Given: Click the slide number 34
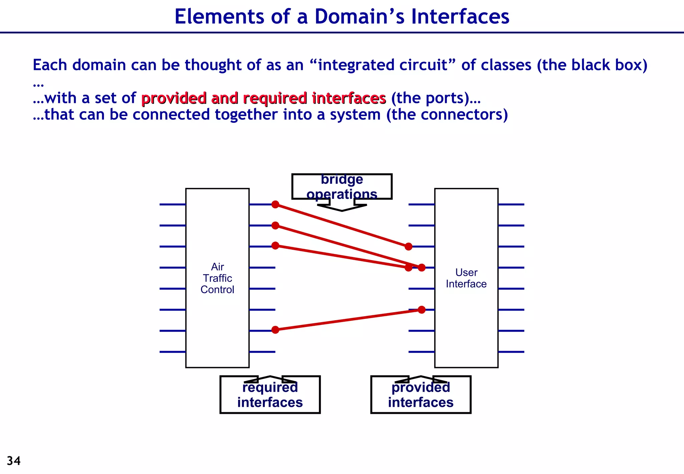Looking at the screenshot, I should [14, 461].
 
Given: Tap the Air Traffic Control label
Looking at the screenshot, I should [217, 278].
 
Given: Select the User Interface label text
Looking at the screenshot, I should [466, 278].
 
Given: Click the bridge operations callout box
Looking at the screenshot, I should [342, 187].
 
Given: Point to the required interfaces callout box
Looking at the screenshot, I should [270, 395].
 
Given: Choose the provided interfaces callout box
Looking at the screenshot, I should [420, 395].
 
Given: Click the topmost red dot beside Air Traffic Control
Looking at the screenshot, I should [275, 204].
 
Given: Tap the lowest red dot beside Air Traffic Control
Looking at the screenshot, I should [275, 330].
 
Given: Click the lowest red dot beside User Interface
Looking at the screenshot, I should [421, 310].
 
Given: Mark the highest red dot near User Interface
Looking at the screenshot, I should [408, 247].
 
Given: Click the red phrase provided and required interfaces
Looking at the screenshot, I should [264, 98].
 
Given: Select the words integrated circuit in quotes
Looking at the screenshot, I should [383, 65].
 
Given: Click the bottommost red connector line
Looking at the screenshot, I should [348, 320].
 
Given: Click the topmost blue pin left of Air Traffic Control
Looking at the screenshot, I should [172, 204].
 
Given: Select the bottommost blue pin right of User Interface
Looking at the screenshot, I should [511, 352].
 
